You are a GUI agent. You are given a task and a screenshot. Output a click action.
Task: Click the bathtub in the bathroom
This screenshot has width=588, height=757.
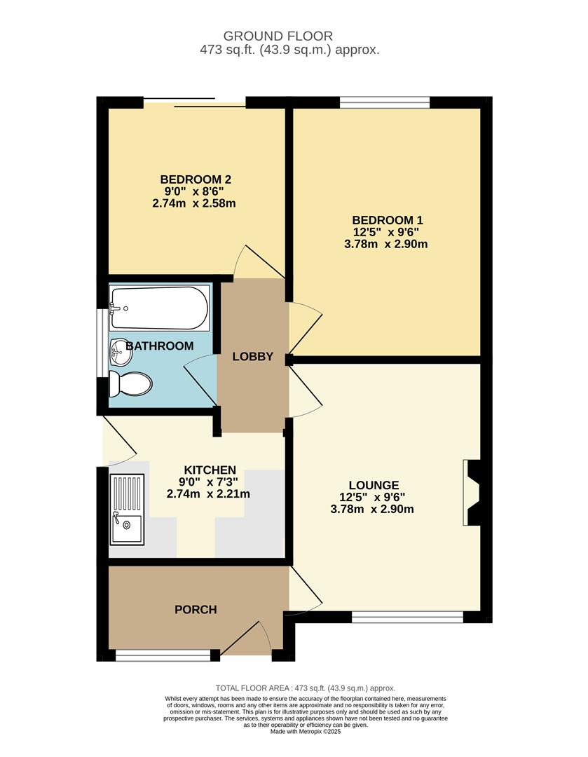[x=160, y=308]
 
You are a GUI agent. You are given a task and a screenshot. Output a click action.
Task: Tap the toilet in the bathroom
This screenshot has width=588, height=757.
[x=131, y=384]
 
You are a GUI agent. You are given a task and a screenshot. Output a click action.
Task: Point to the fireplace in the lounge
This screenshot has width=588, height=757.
[x=472, y=493]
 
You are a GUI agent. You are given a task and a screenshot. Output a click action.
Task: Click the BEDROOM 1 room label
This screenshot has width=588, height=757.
[x=389, y=219]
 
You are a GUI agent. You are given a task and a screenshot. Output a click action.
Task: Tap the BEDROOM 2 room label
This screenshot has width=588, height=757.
[x=196, y=179]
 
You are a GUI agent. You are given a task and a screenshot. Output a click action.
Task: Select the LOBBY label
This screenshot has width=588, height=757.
[x=253, y=356]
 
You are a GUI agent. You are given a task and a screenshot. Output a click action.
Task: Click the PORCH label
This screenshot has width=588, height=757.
[x=196, y=609]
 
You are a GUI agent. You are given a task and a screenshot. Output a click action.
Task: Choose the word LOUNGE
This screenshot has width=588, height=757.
[x=374, y=485]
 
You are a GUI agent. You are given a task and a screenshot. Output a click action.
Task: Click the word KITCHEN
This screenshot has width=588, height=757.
[x=210, y=470]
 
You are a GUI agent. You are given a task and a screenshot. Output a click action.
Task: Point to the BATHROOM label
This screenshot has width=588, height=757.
[x=159, y=346]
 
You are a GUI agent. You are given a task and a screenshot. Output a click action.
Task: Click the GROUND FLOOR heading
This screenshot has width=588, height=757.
[x=278, y=36]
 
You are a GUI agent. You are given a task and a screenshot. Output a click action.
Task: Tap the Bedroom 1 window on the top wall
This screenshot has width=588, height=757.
[x=385, y=102]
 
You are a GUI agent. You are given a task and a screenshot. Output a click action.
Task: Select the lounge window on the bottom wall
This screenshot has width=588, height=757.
[x=407, y=617]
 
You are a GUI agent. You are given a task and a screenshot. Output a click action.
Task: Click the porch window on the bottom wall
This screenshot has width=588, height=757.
[x=163, y=655]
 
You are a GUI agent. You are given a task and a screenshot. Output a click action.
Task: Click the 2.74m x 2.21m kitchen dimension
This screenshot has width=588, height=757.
[x=209, y=494]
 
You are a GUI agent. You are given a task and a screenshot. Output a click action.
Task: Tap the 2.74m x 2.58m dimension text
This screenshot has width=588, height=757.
[x=194, y=203]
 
